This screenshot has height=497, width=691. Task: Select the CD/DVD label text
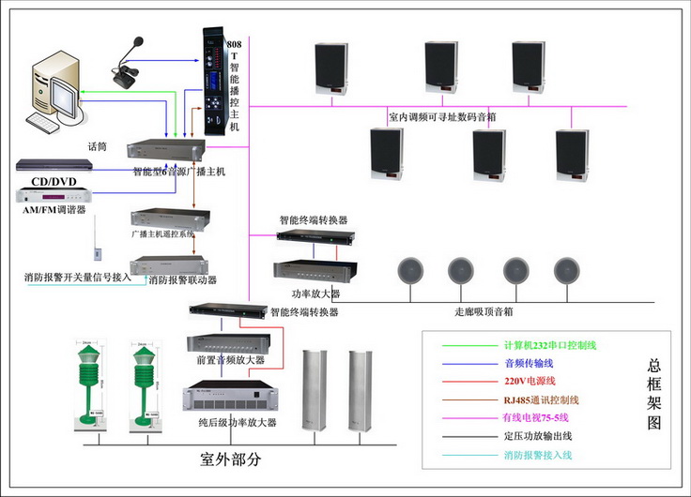(53, 182)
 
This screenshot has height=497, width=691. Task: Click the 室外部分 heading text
(231, 459)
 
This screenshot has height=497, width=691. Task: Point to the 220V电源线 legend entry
(530, 382)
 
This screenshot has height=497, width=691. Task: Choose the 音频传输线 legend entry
(530, 364)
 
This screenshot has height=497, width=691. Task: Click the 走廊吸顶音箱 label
(484, 311)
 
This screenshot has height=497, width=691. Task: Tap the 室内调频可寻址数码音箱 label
(442, 118)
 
